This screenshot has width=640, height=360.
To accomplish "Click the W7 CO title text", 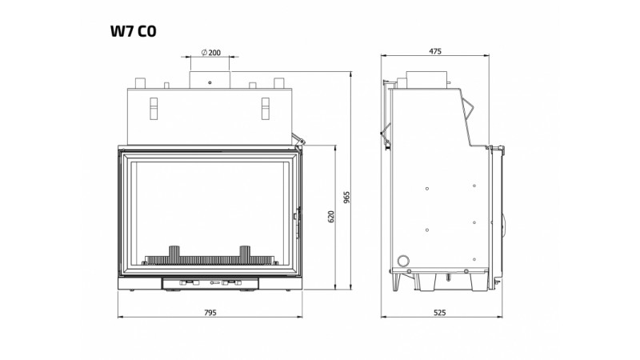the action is pos(133,31).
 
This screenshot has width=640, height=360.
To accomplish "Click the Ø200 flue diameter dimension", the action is pos(211,52).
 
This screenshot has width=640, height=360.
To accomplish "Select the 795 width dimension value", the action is pos(210,313).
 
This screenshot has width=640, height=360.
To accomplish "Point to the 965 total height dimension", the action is pos(347,198).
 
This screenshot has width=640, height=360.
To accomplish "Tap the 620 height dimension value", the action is pos(331,217).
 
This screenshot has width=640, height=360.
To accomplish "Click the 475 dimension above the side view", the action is pos(435,51).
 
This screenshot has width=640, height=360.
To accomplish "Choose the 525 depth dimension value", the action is pos(439,313).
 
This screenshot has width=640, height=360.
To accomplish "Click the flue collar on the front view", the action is pos(210,80).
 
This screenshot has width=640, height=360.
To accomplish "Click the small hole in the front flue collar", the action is pos(210,83).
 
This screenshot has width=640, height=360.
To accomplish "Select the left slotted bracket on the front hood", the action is pos(154,109).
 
